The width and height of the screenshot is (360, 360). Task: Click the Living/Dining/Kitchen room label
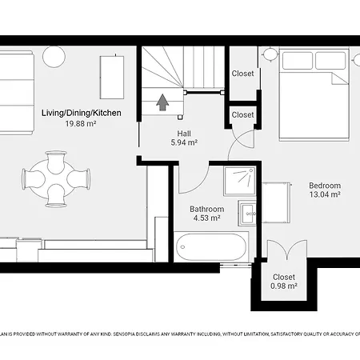click(x=81, y=113)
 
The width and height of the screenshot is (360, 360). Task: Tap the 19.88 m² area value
click(x=81, y=123)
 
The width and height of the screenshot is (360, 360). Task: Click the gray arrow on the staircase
click(x=162, y=102)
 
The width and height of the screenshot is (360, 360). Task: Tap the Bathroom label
click(x=206, y=210)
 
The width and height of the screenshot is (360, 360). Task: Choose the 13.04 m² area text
click(x=325, y=194)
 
